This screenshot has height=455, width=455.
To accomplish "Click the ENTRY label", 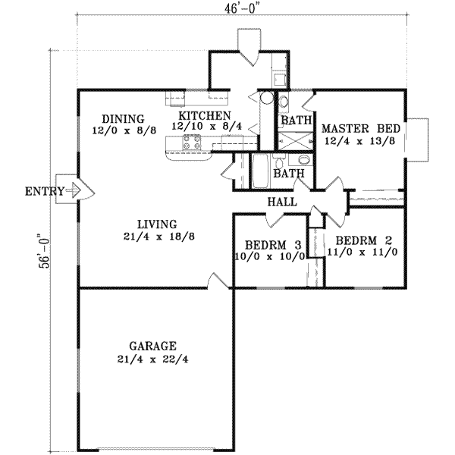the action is pyautogui.click(x=45, y=192).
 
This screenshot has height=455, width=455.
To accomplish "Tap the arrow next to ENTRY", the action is pyautogui.click(x=74, y=190).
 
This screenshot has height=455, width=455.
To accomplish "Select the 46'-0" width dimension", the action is pyautogui.click(x=241, y=8).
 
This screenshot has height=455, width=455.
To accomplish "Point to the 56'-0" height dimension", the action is pyautogui.click(x=45, y=251).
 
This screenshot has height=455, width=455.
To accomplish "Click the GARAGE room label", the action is pyautogui.click(x=152, y=347).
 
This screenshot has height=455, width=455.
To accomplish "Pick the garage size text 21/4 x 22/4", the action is pyautogui.click(x=152, y=359).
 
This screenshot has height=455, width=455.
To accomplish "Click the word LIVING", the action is pyautogui.click(x=157, y=224).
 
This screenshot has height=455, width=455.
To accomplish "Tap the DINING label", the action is pyautogui.click(x=124, y=119).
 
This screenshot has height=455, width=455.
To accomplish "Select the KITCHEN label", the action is pyautogui.click(x=205, y=116).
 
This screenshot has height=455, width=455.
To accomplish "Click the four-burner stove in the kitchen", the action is pyautogui.click(x=192, y=143).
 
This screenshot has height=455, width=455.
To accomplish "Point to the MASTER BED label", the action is pyautogui.click(x=361, y=128).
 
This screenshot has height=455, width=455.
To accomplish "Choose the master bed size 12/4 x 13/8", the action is pyautogui.click(x=359, y=141).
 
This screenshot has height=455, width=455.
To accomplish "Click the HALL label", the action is pyautogui.click(x=282, y=202).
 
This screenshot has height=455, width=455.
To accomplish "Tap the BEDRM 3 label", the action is pyautogui.click(x=273, y=245).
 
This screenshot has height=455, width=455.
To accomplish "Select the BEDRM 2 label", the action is pyautogui.click(x=364, y=240).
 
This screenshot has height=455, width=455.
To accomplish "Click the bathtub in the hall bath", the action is pyautogui.click(x=261, y=171).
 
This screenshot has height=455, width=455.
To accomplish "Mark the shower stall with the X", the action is pyautogui.click(x=296, y=141).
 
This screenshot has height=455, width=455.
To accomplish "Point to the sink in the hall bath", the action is pyautogui.click(x=304, y=159).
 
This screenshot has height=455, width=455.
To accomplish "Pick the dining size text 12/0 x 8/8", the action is pyautogui.click(x=124, y=131).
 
